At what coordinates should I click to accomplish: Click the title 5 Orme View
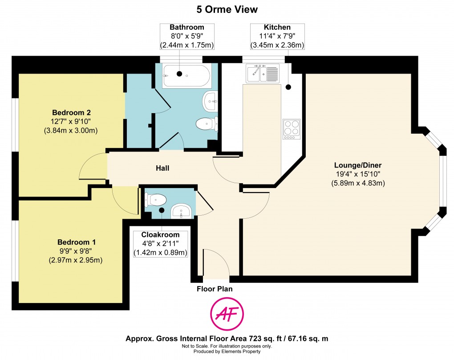[x=227, y=9]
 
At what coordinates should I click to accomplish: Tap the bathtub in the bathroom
[x=187, y=76]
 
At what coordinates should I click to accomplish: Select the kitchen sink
[x=263, y=74]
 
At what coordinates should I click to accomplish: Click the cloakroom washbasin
[x=181, y=211]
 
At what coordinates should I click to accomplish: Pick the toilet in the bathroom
[x=207, y=124]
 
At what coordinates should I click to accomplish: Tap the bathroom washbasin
[x=211, y=101]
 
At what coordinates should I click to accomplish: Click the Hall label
[x=162, y=168]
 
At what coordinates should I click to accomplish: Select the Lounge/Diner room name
[x=358, y=165]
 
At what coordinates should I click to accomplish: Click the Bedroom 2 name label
[x=71, y=112]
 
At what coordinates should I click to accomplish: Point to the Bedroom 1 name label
[x=77, y=242]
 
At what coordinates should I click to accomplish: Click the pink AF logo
[x=227, y=314]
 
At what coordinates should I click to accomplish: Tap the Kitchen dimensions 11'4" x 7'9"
[x=277, y=36]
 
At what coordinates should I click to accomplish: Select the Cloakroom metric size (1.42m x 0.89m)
[x=160, y=253]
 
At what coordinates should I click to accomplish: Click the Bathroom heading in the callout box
[x=187, y=27]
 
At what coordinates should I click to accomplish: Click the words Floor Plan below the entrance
[x=215, y=289]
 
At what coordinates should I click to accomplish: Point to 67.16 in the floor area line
[x=298, y=339]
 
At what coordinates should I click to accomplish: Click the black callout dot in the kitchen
[x=288, y=87]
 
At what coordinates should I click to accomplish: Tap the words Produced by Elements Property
[x=227, y=352]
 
